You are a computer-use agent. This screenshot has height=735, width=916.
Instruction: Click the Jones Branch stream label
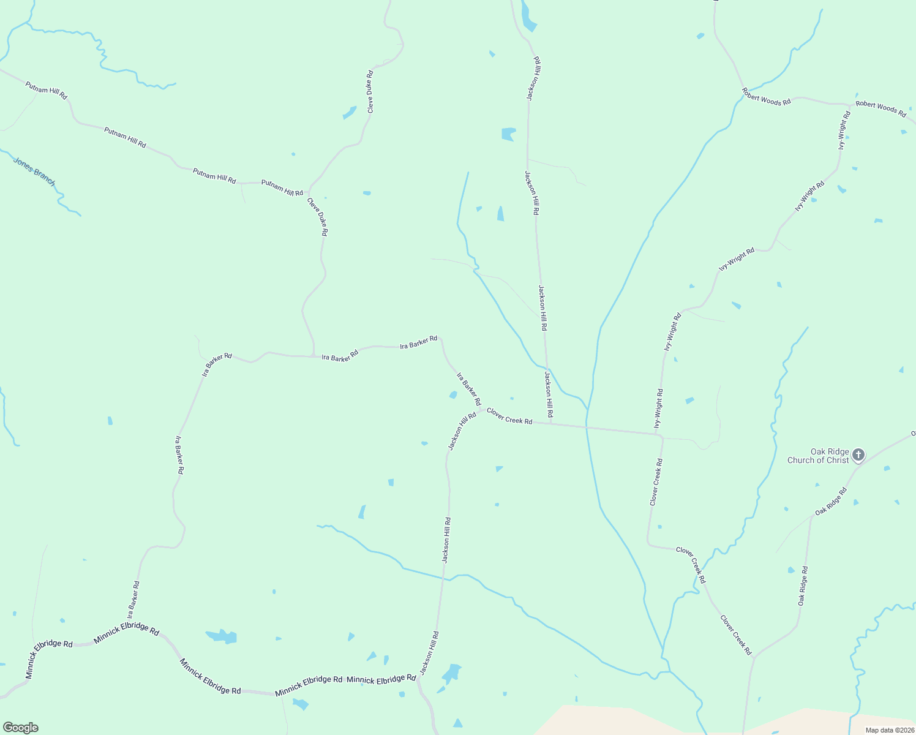point(34,172)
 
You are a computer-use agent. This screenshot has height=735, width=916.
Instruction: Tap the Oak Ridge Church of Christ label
point(818,456)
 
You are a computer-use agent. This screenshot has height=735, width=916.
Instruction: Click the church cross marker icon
point(858,454)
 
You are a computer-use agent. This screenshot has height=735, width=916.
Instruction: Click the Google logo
point(20,728)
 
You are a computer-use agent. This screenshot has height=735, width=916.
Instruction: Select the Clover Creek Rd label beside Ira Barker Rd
point(509,417)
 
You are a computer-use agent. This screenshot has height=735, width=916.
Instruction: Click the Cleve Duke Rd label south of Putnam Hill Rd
point(318,217)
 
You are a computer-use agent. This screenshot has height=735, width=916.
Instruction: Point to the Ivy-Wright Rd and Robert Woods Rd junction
point(850,105)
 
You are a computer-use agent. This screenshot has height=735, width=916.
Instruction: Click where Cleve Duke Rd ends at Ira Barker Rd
point(313,356)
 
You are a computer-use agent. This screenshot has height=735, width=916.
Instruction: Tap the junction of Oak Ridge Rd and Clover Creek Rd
point(754,658)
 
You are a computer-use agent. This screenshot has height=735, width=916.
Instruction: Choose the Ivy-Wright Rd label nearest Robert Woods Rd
point(844,130)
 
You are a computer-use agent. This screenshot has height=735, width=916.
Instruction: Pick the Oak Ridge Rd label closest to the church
point(830,501)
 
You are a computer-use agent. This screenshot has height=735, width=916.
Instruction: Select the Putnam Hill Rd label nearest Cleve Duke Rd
point(282,187)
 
